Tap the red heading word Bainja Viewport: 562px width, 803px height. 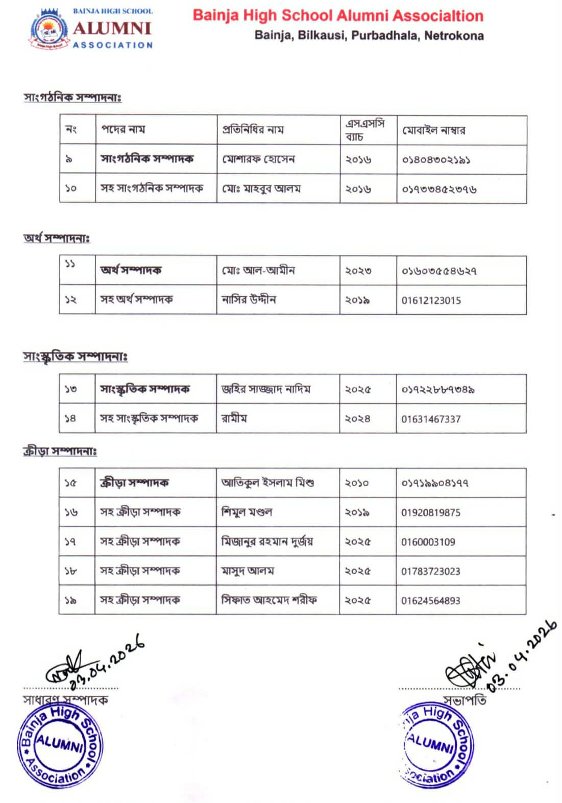pos(215,16)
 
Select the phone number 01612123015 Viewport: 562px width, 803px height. pos(431,300)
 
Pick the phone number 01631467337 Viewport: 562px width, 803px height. pos(431,419)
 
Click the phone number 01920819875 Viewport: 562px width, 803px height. pos(431,512)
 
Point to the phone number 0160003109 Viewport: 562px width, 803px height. pos(428,542)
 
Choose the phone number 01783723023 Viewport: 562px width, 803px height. pos(431,571)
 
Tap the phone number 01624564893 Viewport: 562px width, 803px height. pos(431,601)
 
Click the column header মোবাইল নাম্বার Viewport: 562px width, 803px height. pos(433,130)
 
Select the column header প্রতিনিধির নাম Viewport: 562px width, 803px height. pos(252,130)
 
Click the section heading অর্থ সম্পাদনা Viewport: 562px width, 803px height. pos(57,238)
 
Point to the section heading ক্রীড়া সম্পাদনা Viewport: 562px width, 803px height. pos(60,451)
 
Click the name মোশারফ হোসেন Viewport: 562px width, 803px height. pos(258,159)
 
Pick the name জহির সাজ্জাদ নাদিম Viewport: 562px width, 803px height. pos(265,389)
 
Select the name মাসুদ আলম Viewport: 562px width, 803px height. pos(248,571)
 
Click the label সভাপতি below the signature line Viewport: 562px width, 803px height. pos(465,700)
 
